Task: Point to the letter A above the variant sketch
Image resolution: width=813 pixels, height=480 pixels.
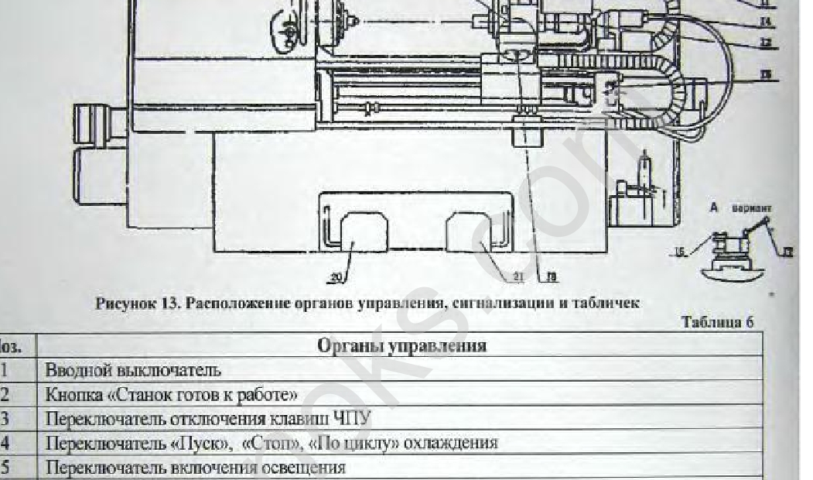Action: click(715, 207)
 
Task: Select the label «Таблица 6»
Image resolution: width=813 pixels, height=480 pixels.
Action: click(717, 323)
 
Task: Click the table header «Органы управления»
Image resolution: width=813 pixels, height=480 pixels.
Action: click(402, 345)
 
